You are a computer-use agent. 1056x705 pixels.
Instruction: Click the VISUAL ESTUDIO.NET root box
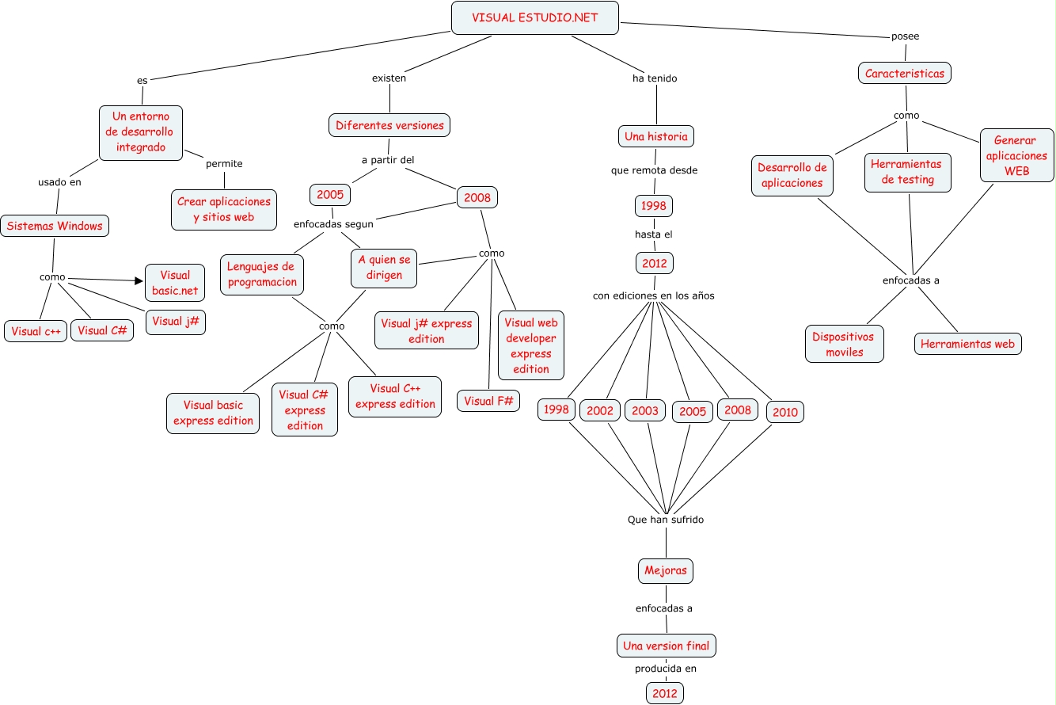[x=534, y=17]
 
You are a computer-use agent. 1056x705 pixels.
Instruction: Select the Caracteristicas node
[x=904, y=74]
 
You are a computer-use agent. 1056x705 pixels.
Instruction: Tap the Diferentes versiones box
[x=389, y=125]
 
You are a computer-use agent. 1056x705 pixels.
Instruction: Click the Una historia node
[x=655, y=136]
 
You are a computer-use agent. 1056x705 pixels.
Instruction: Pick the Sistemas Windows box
[x=55, y=226]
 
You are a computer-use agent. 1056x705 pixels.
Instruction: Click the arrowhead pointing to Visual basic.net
[x=139, y=280]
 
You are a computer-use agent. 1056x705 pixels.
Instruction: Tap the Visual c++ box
[x=36, y=331]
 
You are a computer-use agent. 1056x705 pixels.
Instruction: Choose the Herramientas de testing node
[x=907, y=172]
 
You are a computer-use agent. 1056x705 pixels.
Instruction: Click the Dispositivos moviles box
[x=844, y=344]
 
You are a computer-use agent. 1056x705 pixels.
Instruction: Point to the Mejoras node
[x=666, y=570]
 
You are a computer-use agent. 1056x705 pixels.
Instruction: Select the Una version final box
[x=666, y=646]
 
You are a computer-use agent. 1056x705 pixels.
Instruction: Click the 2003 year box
[x=645, y=410]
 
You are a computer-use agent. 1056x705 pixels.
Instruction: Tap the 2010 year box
[x=785, y=412]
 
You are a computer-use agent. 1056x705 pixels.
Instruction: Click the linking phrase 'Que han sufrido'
[x=665, y=520]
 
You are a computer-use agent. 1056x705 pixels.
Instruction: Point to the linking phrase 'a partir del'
[x=388, y=160]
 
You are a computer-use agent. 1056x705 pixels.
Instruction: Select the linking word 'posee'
[x=905, y=36]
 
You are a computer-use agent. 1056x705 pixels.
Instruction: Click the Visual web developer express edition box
[x=530, y=345]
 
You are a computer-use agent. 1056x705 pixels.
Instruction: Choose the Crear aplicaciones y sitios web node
[x=224, y=209]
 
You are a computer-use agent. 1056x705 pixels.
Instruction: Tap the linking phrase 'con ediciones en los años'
[x=654, y=295]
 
